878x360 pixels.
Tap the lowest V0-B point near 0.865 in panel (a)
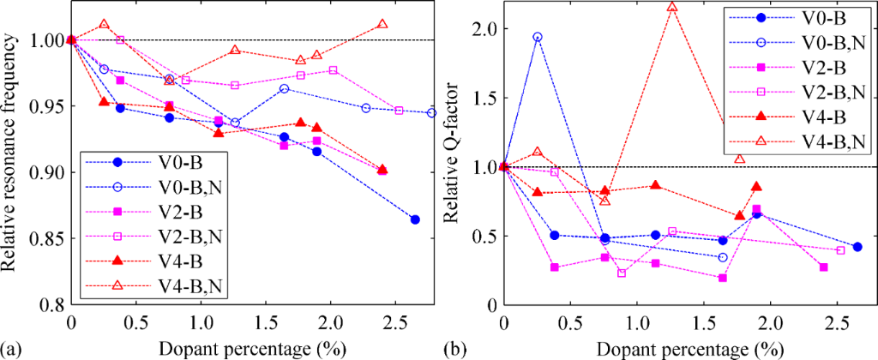(x=415, y=219)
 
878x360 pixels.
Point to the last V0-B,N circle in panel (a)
(x=431, y=112)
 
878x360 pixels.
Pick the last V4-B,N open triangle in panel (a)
(x=382, y=24)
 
